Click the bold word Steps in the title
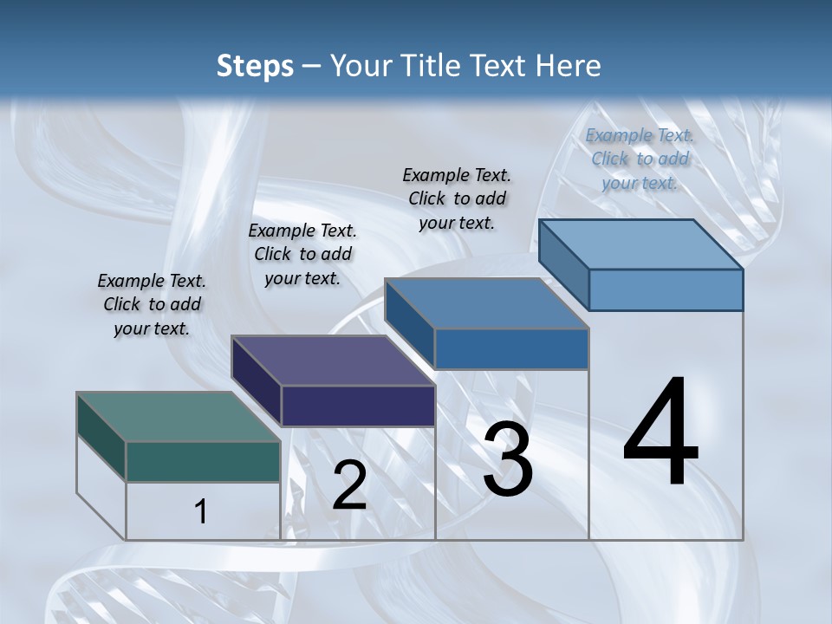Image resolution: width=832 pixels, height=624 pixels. [255, 66]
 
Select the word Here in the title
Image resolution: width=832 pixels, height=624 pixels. [569, 66]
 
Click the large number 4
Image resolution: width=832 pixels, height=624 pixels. [660, 433]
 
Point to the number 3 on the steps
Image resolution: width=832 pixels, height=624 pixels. [508, 459]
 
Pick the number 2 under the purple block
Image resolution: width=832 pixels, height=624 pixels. [349, 485]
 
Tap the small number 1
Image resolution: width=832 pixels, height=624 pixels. [201, 511]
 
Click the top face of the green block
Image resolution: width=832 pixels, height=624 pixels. [178, 417]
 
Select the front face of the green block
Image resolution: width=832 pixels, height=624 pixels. [203, 461]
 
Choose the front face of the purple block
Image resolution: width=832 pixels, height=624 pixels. [358, 406]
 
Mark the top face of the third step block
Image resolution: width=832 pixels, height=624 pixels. [486, 303]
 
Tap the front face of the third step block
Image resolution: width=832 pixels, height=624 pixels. [511, 348]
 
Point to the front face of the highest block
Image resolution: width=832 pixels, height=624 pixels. [666, 289]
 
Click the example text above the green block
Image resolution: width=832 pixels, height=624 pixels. [152, 304]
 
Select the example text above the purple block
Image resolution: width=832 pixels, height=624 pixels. [302, 254]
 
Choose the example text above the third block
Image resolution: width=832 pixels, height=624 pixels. [457, 198]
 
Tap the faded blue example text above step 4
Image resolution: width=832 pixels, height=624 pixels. [640, 159]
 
